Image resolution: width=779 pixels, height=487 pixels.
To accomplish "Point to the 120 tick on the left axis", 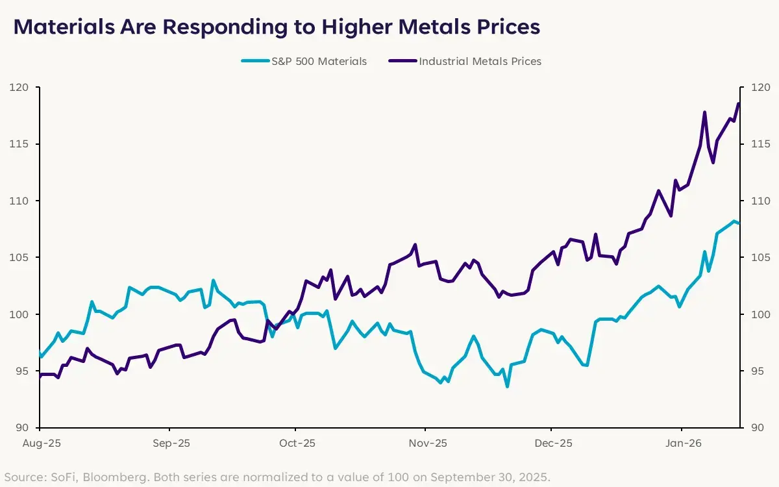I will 19,87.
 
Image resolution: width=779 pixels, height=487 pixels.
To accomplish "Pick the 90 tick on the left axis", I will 22,428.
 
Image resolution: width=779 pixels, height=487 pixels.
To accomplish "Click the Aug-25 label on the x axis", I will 40,443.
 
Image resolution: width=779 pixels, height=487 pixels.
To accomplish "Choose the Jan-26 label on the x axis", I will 682,443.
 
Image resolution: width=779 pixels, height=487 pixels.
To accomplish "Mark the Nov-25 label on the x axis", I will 425,443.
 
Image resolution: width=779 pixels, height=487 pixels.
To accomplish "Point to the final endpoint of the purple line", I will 739,103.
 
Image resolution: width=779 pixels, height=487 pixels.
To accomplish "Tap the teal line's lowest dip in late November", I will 507,386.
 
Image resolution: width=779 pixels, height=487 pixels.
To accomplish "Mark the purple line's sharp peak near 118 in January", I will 704,112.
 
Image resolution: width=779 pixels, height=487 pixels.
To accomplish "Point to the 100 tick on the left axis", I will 19,314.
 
